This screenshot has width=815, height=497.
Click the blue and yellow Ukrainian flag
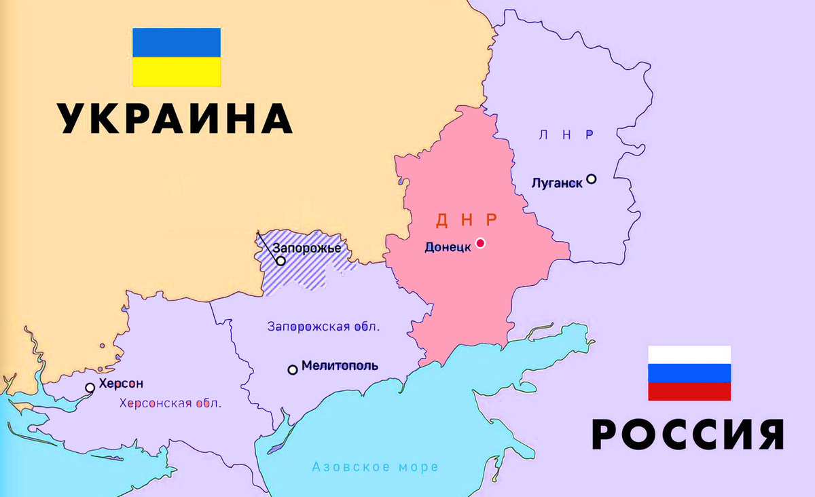pos(176,57)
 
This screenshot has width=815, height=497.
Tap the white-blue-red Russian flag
pos(689,373)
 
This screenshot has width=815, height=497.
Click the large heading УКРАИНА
pos(175,119)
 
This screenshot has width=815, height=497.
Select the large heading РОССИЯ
pos(688,434)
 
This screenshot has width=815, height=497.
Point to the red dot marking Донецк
pos(480,243)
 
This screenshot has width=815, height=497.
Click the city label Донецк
pos(448,247)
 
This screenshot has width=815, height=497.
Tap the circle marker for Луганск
pos(592,179)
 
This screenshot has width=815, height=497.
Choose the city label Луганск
pos(557,183)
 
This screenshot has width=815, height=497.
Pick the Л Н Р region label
pos(566,134)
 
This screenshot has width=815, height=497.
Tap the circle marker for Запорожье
pos(280,261)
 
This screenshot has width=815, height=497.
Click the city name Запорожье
pos(306,248)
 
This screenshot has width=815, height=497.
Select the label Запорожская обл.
pos(324,326)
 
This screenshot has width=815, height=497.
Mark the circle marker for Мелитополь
pos(293,369)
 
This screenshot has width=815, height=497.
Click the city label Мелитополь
pos(340,366)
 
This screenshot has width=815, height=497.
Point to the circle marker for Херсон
pos(90,388)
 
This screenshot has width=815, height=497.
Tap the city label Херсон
pos(121,384)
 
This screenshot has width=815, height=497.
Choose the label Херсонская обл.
pos(170,403)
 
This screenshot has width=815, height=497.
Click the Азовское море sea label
pos(375,467)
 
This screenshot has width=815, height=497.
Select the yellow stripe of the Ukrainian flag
pos(176,72)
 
